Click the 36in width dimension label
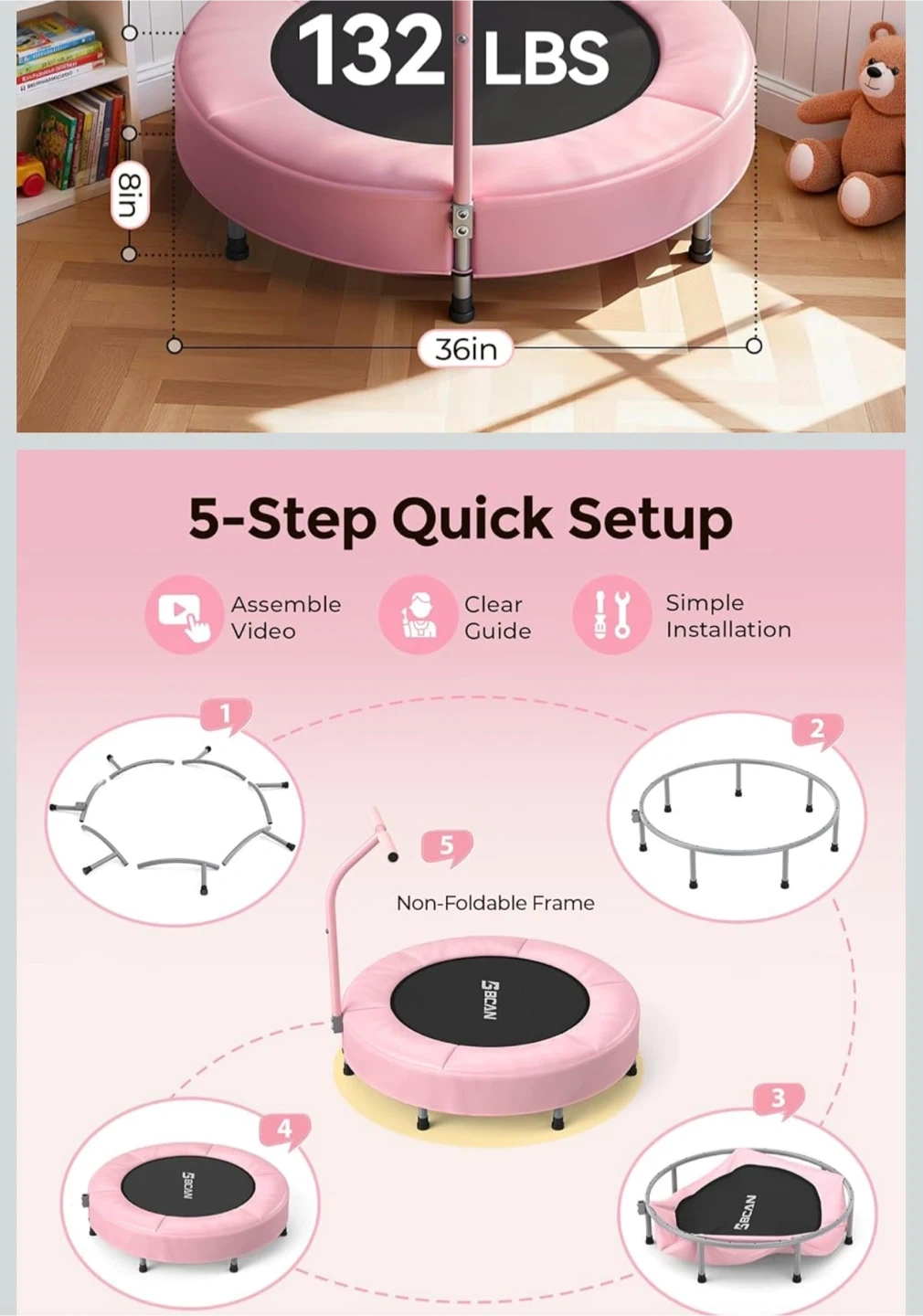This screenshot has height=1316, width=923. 465,349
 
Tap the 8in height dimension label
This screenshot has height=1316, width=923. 130,196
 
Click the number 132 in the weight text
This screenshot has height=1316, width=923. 371,50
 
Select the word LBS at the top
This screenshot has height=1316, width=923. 546,56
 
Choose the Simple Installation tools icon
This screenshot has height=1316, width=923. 612,615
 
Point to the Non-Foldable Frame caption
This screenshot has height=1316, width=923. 495,903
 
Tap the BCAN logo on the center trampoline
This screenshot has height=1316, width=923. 490,1000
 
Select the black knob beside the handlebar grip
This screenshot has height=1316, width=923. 393,856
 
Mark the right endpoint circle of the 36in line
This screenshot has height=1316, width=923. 754,346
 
